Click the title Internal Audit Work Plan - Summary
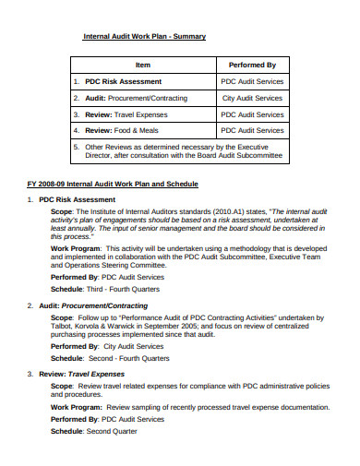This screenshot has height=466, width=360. click(x=145, y=36)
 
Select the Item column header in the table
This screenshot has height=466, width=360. click(x=142, y=66)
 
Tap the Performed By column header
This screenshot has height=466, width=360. click(x=252, y=66)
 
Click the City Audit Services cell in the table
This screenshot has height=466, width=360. click(x=252, y=98)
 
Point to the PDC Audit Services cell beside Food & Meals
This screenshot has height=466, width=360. click(x=252, y=131)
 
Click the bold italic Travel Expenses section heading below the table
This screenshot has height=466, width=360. click(x=104, y=374)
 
